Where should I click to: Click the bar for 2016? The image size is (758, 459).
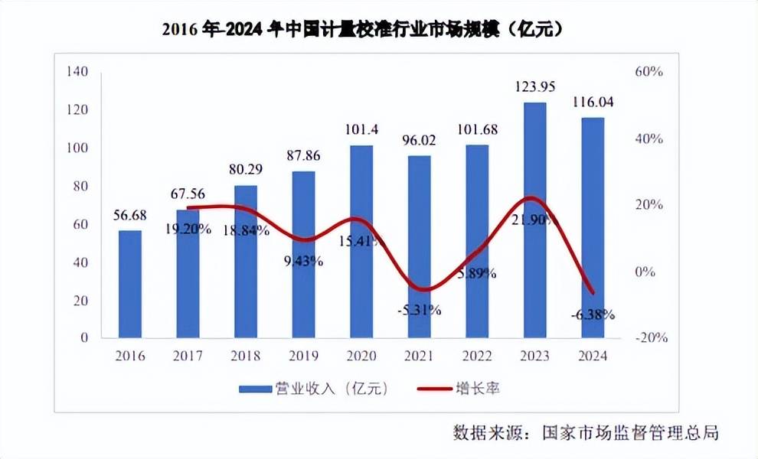(130, 284)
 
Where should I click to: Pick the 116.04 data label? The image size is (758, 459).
(593, 101)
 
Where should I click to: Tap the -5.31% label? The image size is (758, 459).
(419, 310)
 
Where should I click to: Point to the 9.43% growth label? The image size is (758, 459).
(304, 261)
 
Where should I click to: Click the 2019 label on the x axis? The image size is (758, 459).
(304, 356)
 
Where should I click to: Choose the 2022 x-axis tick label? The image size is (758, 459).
(477, 356)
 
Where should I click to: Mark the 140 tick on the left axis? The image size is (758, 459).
(79, 72)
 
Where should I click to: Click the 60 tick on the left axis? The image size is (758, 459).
(82, 224)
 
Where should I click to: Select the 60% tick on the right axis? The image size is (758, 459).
(648, 72)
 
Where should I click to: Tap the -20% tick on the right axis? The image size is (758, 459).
(646, 338)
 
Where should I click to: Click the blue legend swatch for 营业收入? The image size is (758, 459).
(254, 389)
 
